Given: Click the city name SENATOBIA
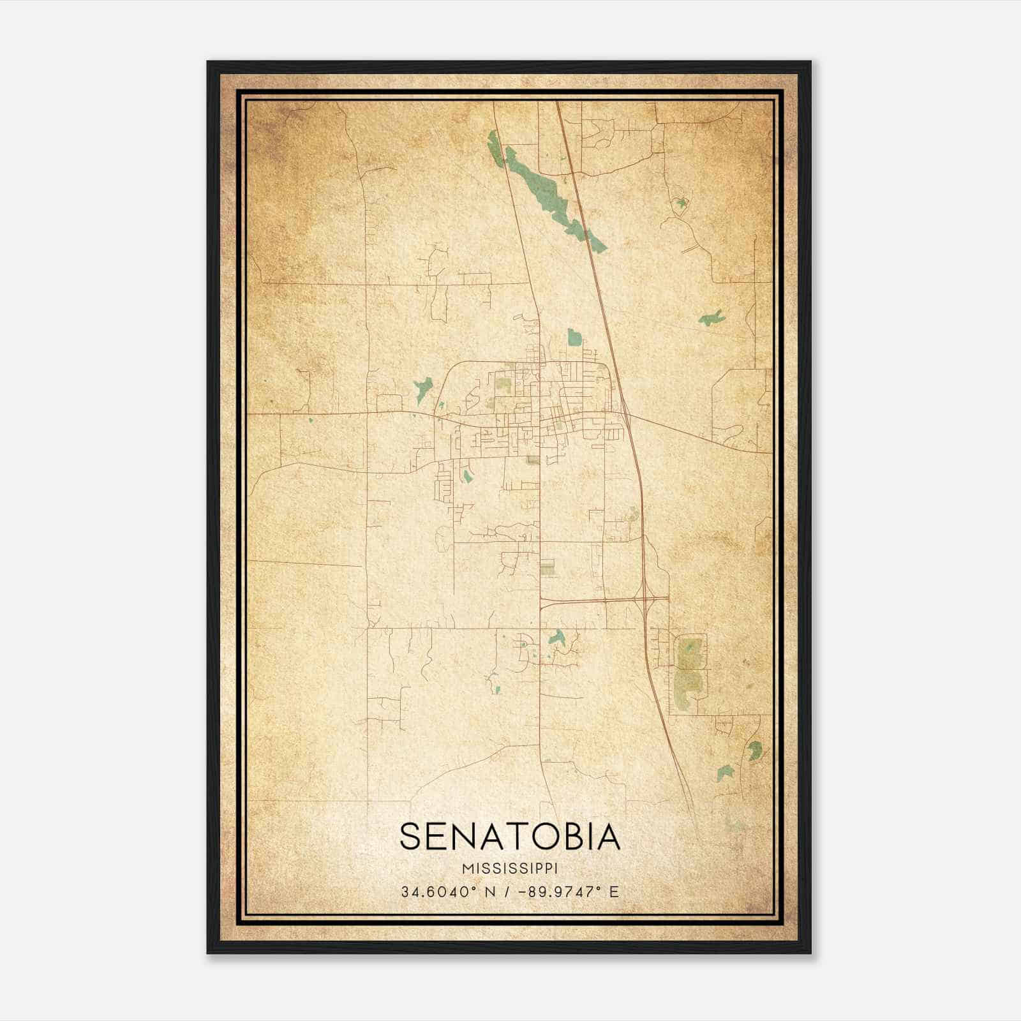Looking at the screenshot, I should click(x=509, y=836).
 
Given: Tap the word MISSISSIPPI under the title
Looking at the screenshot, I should click(x=509, y=868).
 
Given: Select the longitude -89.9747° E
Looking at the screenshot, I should click(x=570, y=891).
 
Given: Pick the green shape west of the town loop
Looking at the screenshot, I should click(x=422, y=387).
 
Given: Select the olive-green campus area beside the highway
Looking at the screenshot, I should click(x=689, y=670).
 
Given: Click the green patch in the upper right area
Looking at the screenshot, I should click(x=710, y=318).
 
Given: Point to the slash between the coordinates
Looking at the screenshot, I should click(x=507, y=891).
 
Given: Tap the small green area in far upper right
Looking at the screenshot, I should click(x=682, y=204).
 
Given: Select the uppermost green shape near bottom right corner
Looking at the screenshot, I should click(x=755, y=750).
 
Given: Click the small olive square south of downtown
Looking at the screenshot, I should click(x=548, y=568).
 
